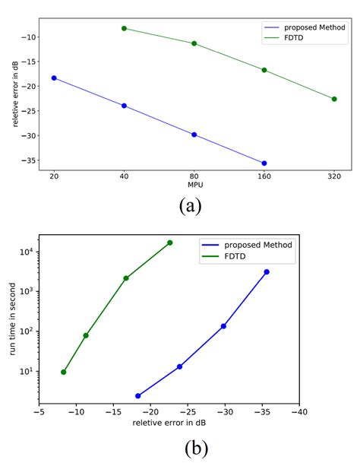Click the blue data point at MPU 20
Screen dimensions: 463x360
[54, 78]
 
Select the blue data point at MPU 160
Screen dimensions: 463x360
[264, 163]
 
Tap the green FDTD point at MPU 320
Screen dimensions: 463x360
[334, 99]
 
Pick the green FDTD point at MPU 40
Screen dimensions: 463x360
[124, 28]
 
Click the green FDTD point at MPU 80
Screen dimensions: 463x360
[194, 43]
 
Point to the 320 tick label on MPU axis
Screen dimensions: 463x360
[334, 176]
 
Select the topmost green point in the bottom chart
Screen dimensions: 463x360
[169, 243]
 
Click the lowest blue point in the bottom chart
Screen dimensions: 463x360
[138, 396]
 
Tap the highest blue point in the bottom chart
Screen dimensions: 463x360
[267, 271]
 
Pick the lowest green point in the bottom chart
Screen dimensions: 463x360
[64, 372]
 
